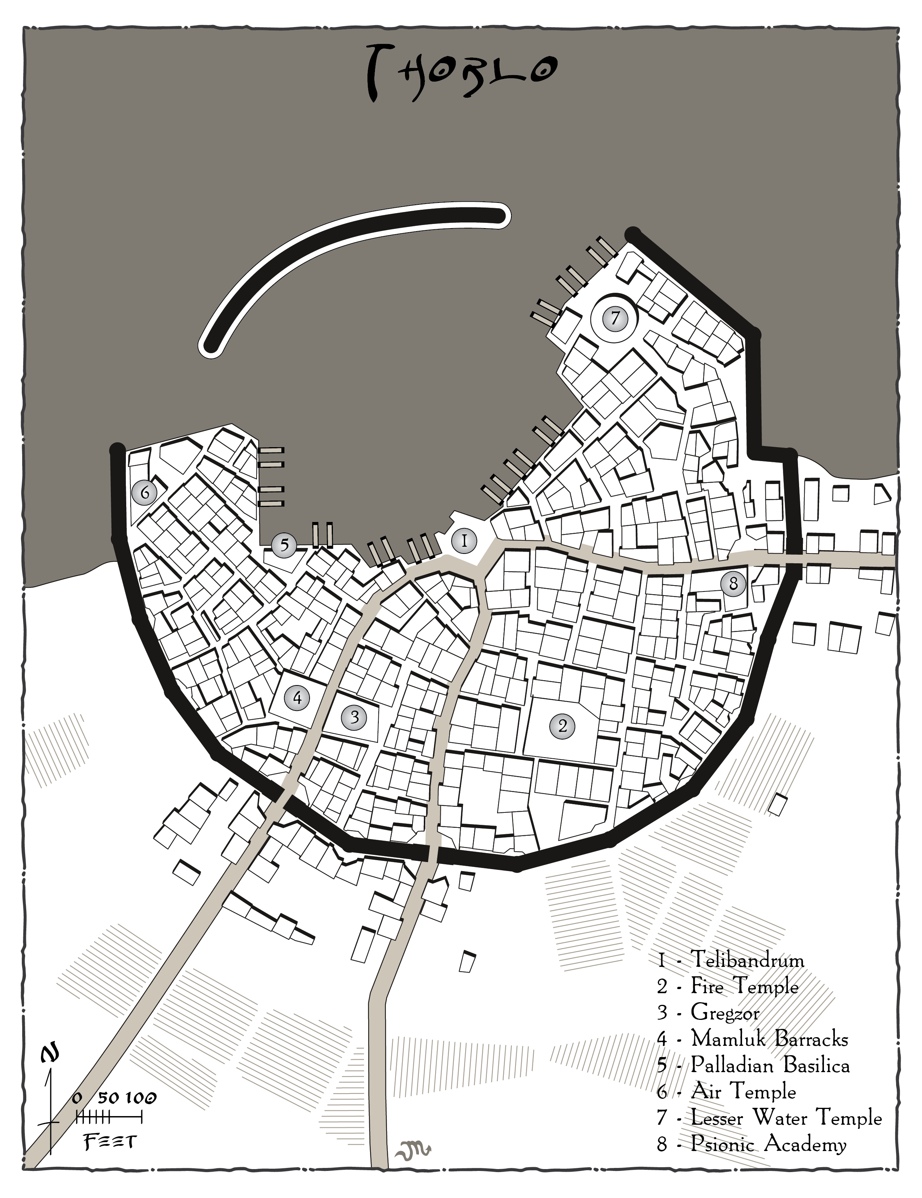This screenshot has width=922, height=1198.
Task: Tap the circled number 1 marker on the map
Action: tap(464, 542)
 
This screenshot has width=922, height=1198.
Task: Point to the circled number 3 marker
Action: tap(354, 717)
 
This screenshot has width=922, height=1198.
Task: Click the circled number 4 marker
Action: tap(297, 698)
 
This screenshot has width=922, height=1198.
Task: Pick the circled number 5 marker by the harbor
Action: tap(284, 545)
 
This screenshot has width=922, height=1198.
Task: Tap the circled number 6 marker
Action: tap(145, 493)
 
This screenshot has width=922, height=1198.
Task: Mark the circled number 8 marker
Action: tap(733, 584)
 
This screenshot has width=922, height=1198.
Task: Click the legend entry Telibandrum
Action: tap(747, 959)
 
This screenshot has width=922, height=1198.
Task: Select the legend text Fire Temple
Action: tap(744, 986)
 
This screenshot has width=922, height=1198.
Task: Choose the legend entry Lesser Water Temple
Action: tap(786, 1118)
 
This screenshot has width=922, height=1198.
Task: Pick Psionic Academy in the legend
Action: tap(768, 1144)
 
